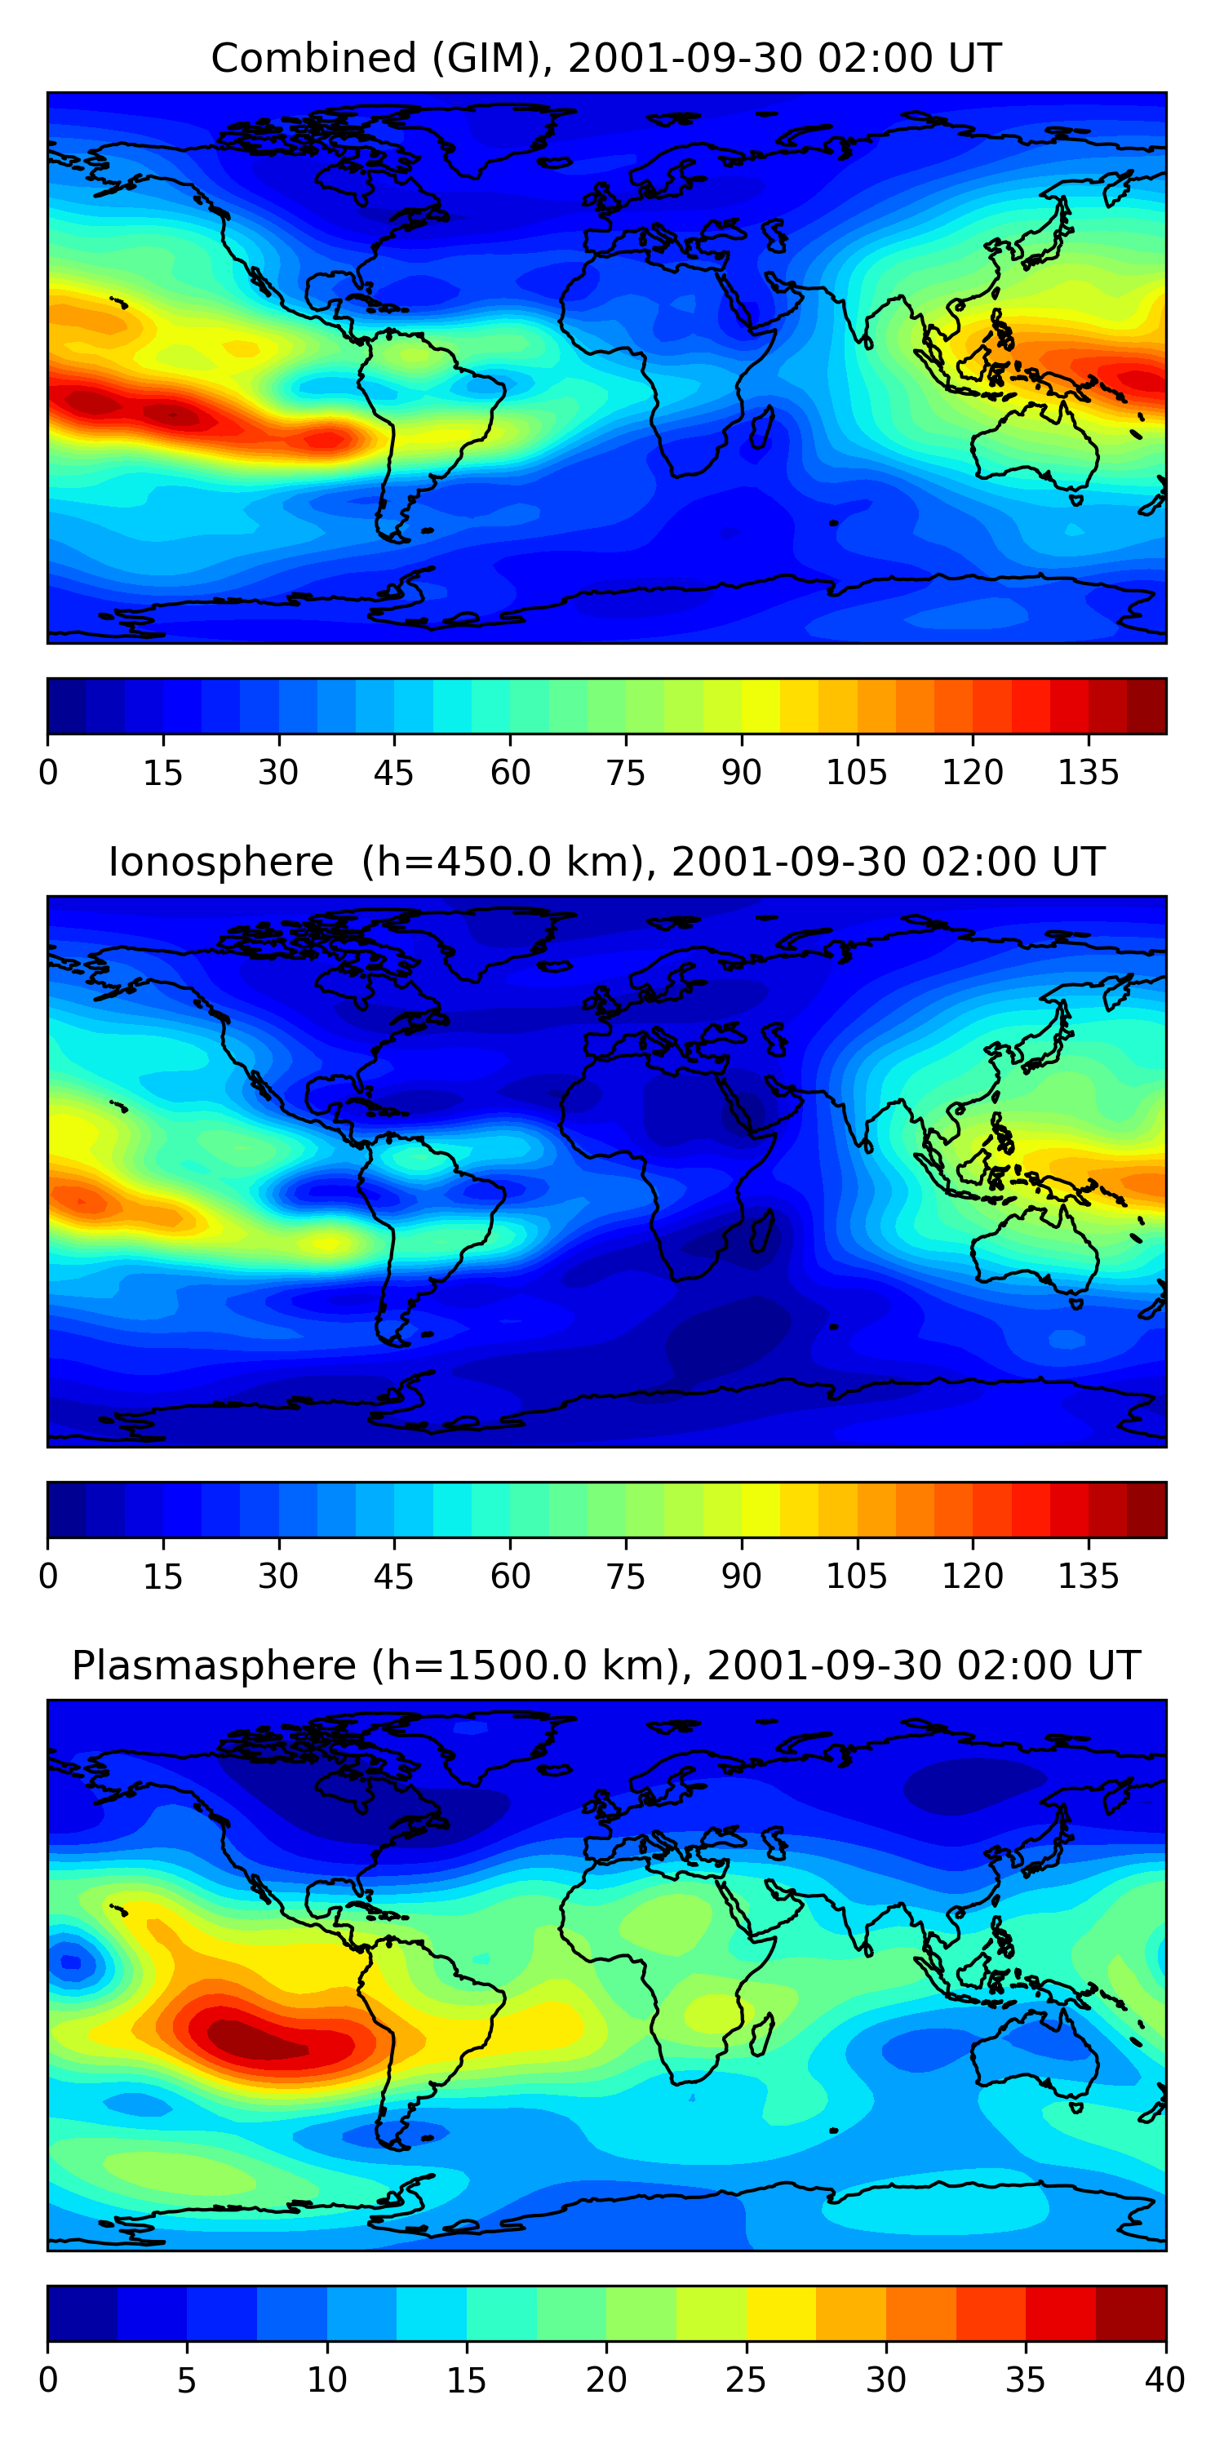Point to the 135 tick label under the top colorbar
[x=1088, y=773]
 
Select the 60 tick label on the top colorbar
[x=510, y=773]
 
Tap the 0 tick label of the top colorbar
[x=48, y=773]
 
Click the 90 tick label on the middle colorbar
[x=741, y=1577]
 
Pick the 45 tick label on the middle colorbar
[x=394, y=1577]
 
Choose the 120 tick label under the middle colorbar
[x=972, y=1577]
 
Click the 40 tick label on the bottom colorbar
[x=1164, y=2380]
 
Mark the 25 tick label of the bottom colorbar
[x=745, y=2380]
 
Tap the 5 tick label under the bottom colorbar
[x=187, y=2380]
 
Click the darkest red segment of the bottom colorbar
[x=1131, y=2313]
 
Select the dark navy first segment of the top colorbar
[x=67, y=706]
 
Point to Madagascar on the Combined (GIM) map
[x=761, y=428]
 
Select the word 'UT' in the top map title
[x=974, y=59]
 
